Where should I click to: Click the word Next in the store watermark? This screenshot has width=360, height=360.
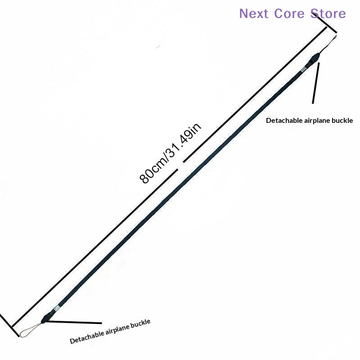[x=254, y=13]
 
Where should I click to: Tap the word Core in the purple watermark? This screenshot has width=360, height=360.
[x=289, y=13]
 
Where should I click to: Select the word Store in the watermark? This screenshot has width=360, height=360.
[x=328, y=13]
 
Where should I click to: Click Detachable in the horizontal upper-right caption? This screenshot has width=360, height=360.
[x=284, y=121]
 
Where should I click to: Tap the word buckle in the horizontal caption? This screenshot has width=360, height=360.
[x=342, y=121]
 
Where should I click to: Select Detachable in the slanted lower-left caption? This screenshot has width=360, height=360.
[x=87, y=337]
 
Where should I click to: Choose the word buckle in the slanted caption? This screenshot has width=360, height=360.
[x=140, y=324]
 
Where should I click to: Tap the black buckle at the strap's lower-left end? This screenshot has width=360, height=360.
[x=47, y=317]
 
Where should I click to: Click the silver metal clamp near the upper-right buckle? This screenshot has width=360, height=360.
[x=304, y=69]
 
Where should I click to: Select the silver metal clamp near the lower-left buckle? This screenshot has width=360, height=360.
[x=56, y=308]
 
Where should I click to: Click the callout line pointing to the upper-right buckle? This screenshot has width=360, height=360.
[x=316, y=83]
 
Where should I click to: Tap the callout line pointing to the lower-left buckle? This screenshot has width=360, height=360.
[x=74, y=322]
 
